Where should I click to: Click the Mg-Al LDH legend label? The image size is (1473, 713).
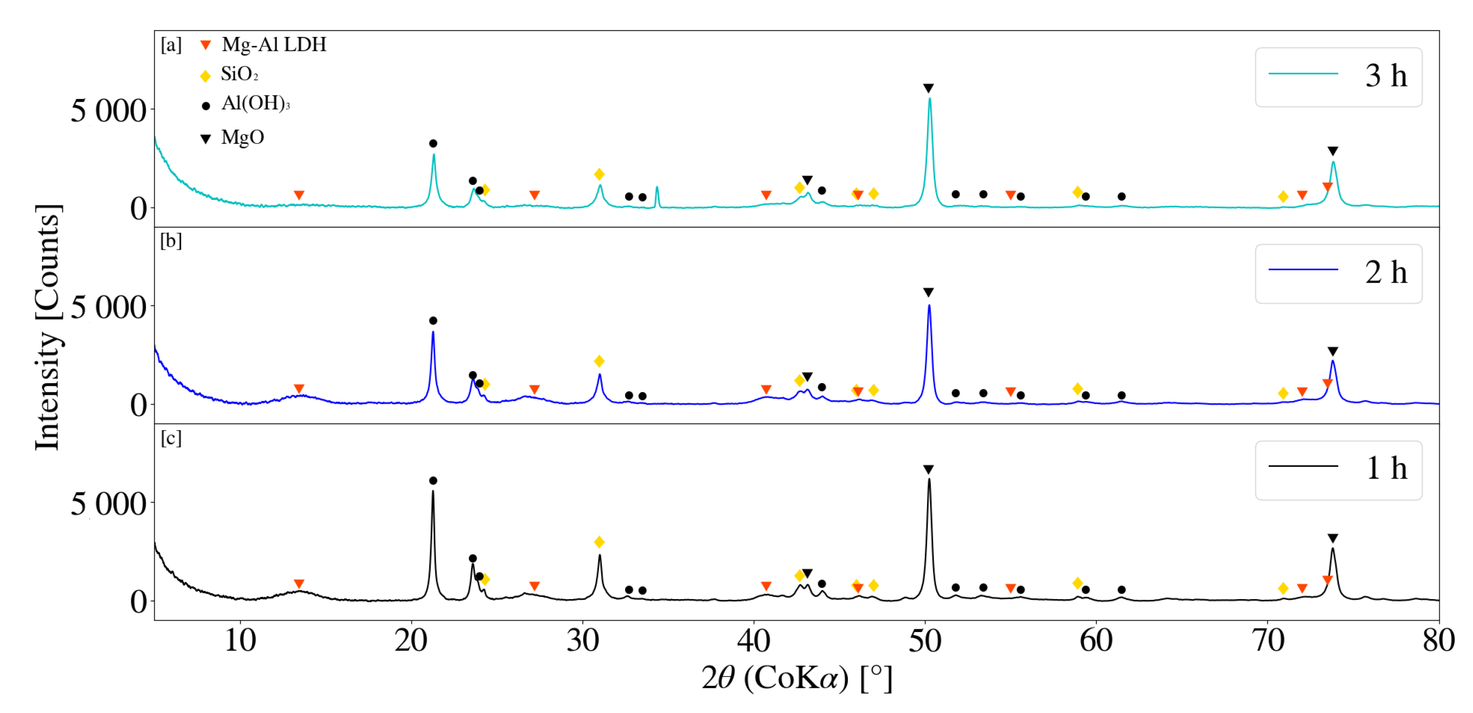click(274, 45)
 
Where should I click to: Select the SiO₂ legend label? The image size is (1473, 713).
click(239, 74)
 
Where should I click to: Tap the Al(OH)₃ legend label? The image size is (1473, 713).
click(256, 104)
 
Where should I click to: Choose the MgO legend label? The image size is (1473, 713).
click(243, 137)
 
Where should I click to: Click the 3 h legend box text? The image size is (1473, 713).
click(1386, 76)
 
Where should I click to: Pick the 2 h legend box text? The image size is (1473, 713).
click(1386, 273)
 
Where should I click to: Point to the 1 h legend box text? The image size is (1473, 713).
click(1386, 469)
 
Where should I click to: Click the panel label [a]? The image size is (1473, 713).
click(171, 45)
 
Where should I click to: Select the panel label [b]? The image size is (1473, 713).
click(171, 241)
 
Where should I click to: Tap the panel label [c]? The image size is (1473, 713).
click(171, 438)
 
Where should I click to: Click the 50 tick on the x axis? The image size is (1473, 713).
click(925, 641)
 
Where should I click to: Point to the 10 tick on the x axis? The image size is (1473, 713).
click(239, 641)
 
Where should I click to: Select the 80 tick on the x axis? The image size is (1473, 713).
click(1438, 641)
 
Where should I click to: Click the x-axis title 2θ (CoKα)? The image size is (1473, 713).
click(797, 679)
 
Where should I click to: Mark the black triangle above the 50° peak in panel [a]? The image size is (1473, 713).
click(928, 88)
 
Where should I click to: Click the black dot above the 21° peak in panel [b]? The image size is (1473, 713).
click(433, 321)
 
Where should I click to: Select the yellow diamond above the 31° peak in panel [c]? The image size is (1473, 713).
click(599, 542)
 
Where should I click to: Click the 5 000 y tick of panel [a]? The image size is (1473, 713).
click(108, 111)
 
